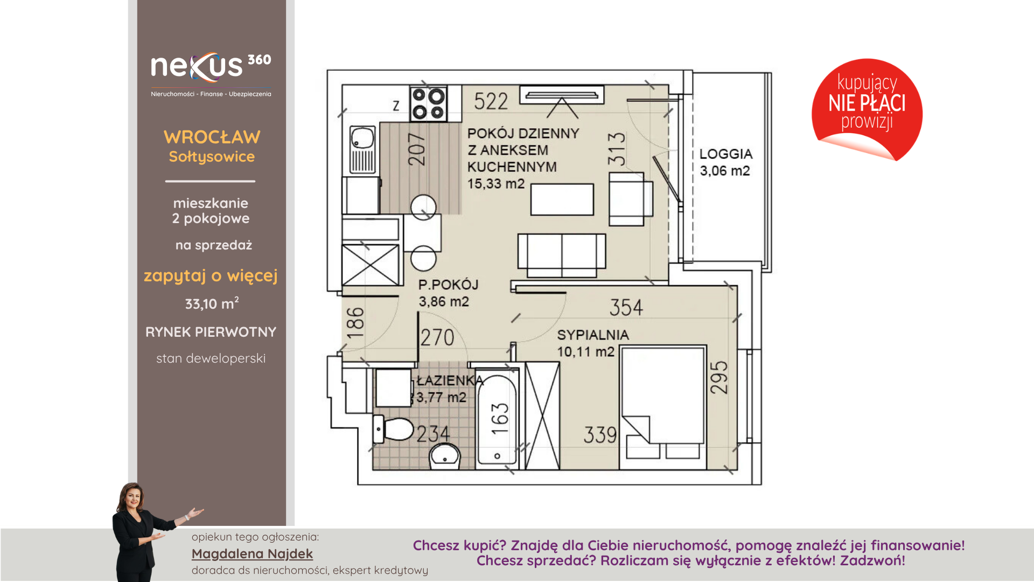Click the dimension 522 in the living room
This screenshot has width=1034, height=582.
(x=491, y=101)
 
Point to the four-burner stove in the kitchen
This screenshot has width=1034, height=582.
(x=428, y=103)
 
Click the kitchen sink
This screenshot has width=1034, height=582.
(x=362, y=149)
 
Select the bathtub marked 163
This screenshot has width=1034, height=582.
(x=497, y=419)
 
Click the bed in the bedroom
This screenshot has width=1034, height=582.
(x=663, y=407)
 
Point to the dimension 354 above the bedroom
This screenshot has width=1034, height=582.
(x=626, y=308)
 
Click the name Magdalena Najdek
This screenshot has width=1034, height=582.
(x=252, y=554)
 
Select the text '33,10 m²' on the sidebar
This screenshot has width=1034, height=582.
(x=212, y=303)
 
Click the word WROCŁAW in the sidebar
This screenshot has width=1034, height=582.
(x=212, y=137)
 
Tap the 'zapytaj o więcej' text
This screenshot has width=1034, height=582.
(x=211, y=276)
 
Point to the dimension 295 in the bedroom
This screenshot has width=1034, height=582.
(x=719, y=377)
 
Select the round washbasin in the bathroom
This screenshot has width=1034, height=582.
(x=445, y=456)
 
